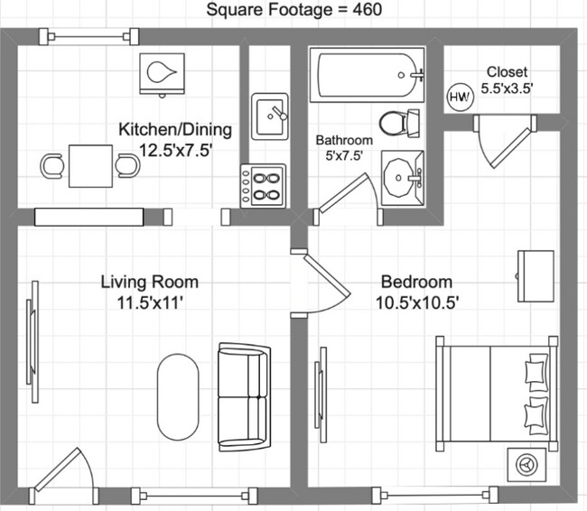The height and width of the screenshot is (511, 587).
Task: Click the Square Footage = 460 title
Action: coord(294,11)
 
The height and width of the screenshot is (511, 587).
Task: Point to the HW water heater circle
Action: coord(460,95)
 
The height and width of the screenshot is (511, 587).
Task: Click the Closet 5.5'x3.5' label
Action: coord(507,80)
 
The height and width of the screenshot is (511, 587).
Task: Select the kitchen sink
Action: coord(269,116)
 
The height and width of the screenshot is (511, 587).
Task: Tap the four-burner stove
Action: coord(263,185)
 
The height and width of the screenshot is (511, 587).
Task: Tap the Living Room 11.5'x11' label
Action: coord(149,292)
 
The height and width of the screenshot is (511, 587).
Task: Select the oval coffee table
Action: coord(178,394)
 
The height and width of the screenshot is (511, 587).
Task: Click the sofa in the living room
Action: coord(243,398)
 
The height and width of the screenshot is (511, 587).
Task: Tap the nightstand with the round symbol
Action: coord(526,464)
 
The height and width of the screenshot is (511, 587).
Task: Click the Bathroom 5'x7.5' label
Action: coord(344,147)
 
